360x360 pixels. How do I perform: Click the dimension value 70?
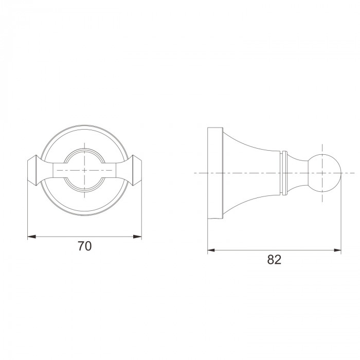pyautogui.click(x=84, y=246)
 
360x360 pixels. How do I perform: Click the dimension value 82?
pyautogui.click(x=274, y=260)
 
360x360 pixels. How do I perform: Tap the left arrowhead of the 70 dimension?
pyautogui.click(x=32, y=237)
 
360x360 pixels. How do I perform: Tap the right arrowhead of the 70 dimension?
pyautogui.click(x=137, y=237)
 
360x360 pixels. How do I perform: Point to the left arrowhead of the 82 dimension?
pyautogui.click(x=211, y=250)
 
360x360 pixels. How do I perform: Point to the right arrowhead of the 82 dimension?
pyautogui.click(x=337, y=250)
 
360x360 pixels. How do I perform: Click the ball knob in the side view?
pyautogui.click(x=325, y=173)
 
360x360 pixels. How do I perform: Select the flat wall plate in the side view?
pyautogui.click(x=215, y=173)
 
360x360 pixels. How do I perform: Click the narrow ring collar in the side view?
pyautogui.click(x=284, y=173)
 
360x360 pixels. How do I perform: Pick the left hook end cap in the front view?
pyautogui.click(x=33, y=170)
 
